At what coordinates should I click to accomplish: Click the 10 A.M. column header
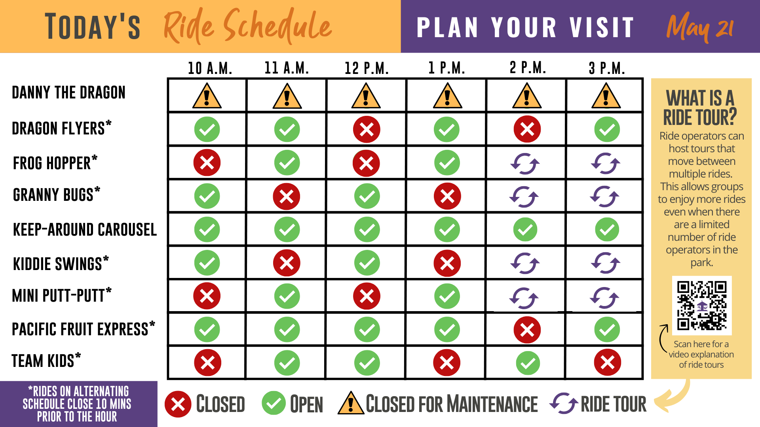(210, 68)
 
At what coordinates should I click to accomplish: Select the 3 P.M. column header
(607, 68)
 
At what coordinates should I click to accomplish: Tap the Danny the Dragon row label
(68, 93)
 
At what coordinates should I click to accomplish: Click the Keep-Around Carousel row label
(85, 229)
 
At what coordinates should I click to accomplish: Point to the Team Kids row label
(46, 360)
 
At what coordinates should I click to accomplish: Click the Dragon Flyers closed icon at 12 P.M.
(367, 129)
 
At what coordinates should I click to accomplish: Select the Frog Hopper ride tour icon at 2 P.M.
(525, 163)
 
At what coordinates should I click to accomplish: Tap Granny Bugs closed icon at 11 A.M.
(286, 196)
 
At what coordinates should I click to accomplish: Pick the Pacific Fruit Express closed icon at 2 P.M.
(527, 330)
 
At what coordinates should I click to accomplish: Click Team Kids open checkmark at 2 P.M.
(528, 363)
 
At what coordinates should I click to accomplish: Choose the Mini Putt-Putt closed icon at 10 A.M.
(207, 296)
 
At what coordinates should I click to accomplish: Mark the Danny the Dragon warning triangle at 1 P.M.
(447, 96)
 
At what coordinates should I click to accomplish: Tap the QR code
(702, 305)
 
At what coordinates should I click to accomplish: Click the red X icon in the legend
(178, 404)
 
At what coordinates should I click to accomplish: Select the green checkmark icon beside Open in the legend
(274, 403)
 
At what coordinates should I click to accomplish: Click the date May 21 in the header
(700, 27)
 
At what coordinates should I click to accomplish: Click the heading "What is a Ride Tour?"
(700, 108)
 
